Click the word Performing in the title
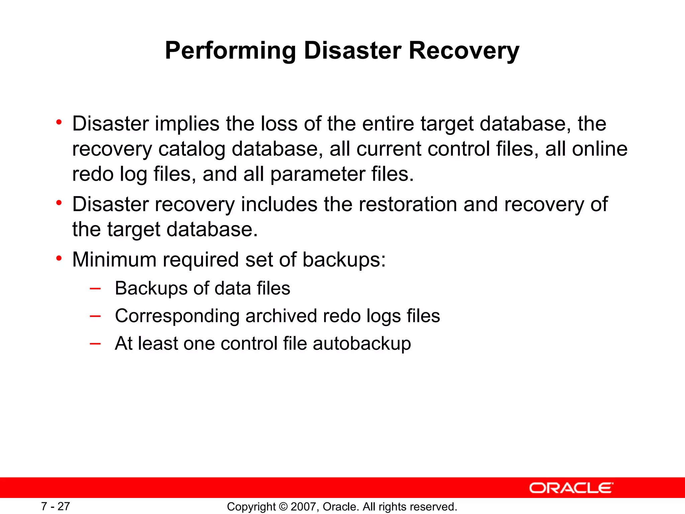pos(230,51)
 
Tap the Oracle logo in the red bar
pos(571,488)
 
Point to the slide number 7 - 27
pos(56,506)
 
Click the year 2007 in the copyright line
pos(302,507)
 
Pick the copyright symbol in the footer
pos(283,507)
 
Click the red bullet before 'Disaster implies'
pos(59,122)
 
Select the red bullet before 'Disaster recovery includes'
pos(59,203)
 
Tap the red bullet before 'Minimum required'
pos(59,258)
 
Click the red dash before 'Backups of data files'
pos(95,288)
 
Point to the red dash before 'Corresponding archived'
pos(95,316)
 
